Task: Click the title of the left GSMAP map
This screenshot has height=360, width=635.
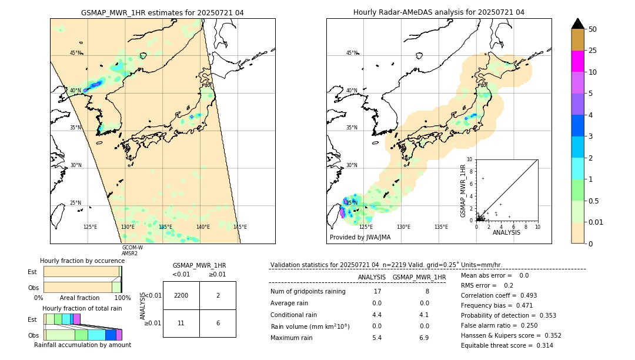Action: coord(162,12)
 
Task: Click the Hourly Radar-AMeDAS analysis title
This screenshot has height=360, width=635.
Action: coord(439,12)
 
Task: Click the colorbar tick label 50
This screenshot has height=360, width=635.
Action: coord(593,29)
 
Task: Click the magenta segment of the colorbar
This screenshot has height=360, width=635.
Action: coord(577,61)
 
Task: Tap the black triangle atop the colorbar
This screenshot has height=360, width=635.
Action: coord(577,24)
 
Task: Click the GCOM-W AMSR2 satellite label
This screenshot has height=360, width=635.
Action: coord(132,251)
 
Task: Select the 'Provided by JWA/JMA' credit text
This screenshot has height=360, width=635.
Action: coord(360,238)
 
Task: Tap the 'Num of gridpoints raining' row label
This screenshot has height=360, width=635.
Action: coord(308,291)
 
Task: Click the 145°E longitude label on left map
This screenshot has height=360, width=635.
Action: coord(240,227)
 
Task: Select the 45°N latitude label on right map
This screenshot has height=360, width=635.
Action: coord(352,53)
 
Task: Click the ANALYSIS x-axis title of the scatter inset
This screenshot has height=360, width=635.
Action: coord(506,232)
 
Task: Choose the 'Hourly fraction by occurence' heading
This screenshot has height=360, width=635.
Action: coord(82,261)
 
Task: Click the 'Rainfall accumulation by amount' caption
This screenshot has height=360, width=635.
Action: coord(82,345)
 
